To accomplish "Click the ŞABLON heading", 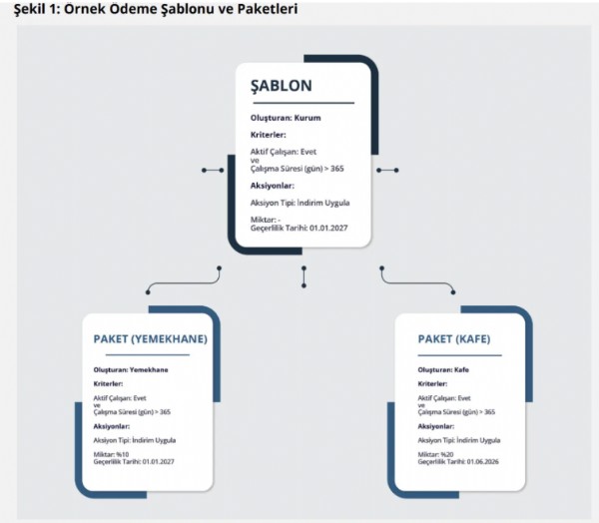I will click(x=282, y=86).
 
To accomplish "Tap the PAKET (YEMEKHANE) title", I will click(x=150, y=339).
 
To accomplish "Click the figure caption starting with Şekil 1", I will click(x=150, y=9).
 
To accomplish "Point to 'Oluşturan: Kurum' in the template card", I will click(x=286, y=118).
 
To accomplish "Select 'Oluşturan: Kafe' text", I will click(x=444, y=370).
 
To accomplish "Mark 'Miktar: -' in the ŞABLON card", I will click(x=267, y=220).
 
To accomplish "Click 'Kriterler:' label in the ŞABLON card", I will click(x=269, y=134).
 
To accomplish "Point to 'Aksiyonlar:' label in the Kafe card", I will click(x=438, y=425).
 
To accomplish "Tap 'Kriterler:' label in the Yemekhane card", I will click(x=108, y=383).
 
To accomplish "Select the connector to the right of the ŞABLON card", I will click(x=389, y=171).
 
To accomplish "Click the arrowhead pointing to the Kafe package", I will click(x=452, y=290).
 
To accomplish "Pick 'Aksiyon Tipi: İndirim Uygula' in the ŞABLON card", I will click(x=299, y=203).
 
